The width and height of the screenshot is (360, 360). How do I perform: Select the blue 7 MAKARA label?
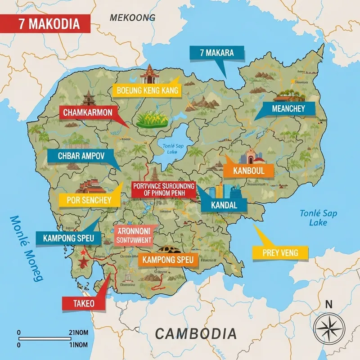(x=217, y=53)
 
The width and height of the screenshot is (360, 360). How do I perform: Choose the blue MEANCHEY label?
(x=288, y=108)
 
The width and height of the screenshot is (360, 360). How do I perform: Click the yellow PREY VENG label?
(x=280, y=253)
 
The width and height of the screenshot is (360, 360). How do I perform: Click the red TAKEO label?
(x=83, y=303)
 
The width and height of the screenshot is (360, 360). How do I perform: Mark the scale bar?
(x=43, y=338)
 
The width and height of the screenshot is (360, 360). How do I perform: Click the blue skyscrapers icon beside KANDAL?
(x=224, y=190)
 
